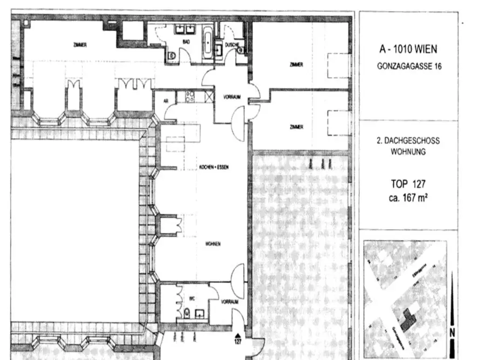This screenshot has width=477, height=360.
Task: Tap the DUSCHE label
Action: [x=232, y=45]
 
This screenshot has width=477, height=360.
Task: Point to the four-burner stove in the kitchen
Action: [x=191, y=96]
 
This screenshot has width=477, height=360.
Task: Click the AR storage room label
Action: [x=165, y=101]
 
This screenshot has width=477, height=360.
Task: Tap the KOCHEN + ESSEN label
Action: [x=214, y=167]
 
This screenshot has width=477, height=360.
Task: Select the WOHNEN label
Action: [x=212, y=244]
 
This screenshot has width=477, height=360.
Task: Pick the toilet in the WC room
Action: [x=186, y=313]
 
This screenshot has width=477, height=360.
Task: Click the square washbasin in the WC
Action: [x=201, y=313]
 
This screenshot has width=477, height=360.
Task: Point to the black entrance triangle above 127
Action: [x=238, y=335]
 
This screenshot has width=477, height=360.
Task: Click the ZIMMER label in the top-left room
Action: [x=80, y=45]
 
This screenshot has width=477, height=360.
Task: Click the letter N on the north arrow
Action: [x=452, y=332]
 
